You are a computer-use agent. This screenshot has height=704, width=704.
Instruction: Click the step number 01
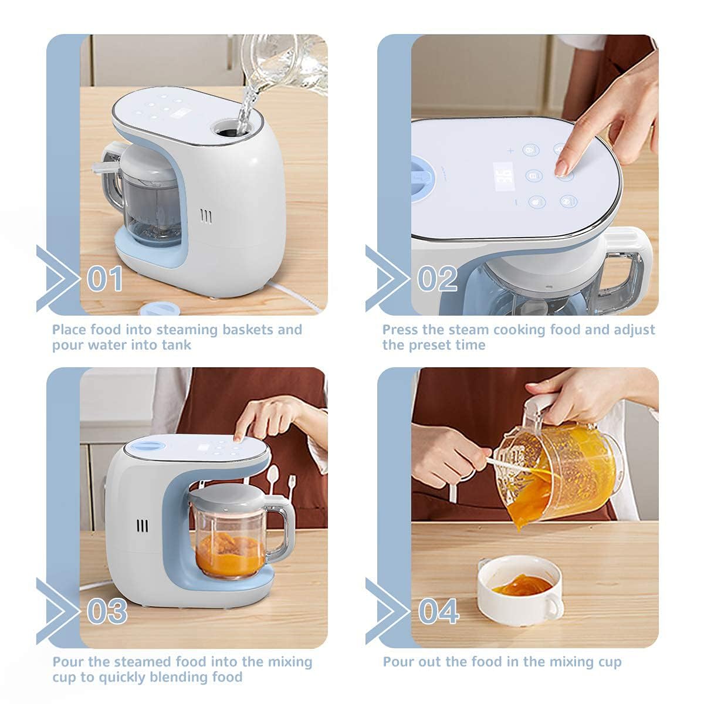(x=105, y=279)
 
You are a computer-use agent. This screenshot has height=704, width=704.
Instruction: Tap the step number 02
(x=437, y=279)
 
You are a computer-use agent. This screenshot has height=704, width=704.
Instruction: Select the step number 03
(x=107, y=611)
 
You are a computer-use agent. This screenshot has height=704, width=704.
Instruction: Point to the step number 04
(x=438, y=611)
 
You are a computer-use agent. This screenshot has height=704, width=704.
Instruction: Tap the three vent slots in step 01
(x=206, y=216)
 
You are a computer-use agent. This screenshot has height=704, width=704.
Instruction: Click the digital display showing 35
(x=503, y=177)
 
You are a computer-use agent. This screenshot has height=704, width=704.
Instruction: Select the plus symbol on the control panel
(x=510, y=151)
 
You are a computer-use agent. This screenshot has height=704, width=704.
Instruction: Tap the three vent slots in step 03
(x=143, y=526)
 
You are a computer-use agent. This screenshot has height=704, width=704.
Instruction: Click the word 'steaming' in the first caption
(x=187, y=330)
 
